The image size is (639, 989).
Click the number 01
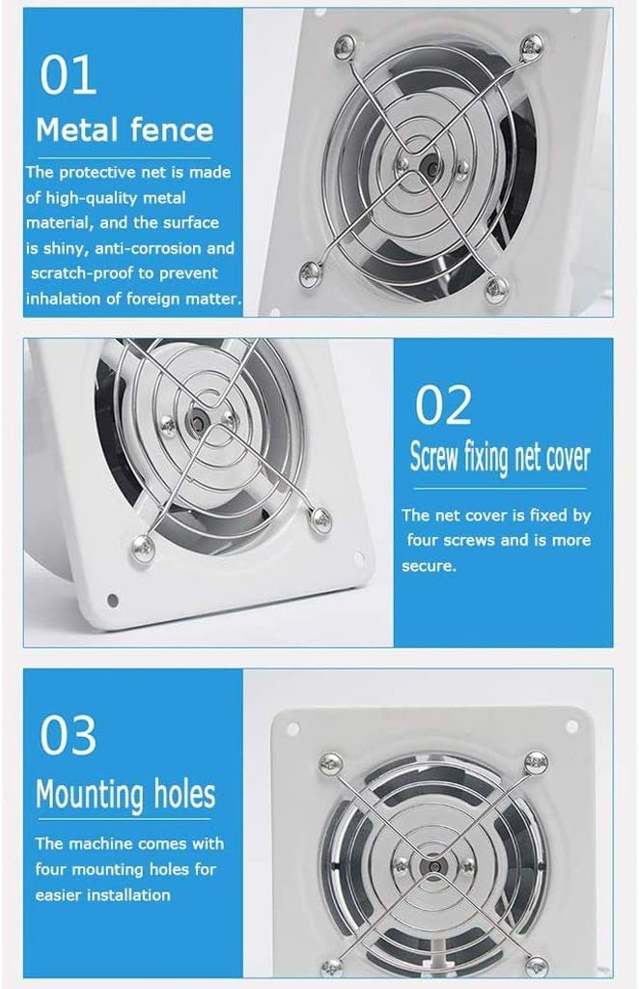[x=68, y=76]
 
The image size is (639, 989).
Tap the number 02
[x=443, y=406]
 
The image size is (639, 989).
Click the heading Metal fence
[x=125, y=128]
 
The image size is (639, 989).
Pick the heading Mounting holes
[x=125, y=795]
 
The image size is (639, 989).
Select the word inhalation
[x=65, y=298]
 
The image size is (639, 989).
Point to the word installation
[x=125, y=894]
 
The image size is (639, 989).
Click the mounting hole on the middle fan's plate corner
[x=113, y=600]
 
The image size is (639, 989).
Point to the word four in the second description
[x=425, y=541]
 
